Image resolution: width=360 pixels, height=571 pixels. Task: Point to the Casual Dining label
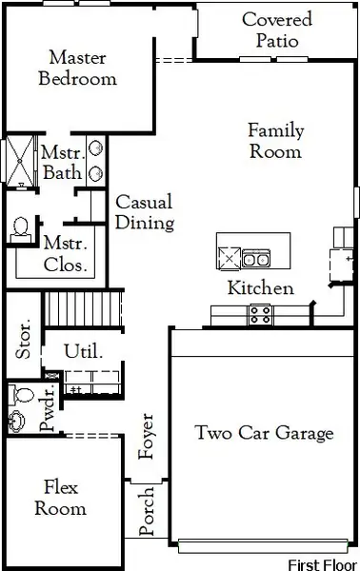click(x=144, y=213)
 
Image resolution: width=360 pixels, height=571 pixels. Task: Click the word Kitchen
click(x=259, y=288)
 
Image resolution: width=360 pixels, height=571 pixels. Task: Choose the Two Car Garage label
click(x=264, y=434)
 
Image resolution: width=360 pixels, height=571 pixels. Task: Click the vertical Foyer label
click(x=147, y=437)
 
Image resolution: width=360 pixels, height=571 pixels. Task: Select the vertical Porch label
click(x=147, y=512)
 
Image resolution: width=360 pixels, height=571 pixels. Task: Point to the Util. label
click(x=82, y=352)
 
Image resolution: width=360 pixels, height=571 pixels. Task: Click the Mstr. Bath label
click(x=61, y=163)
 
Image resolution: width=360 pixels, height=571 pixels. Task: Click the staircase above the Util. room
click(x=85, y=308)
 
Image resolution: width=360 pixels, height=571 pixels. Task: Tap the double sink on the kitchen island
click(x=254, y=257)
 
